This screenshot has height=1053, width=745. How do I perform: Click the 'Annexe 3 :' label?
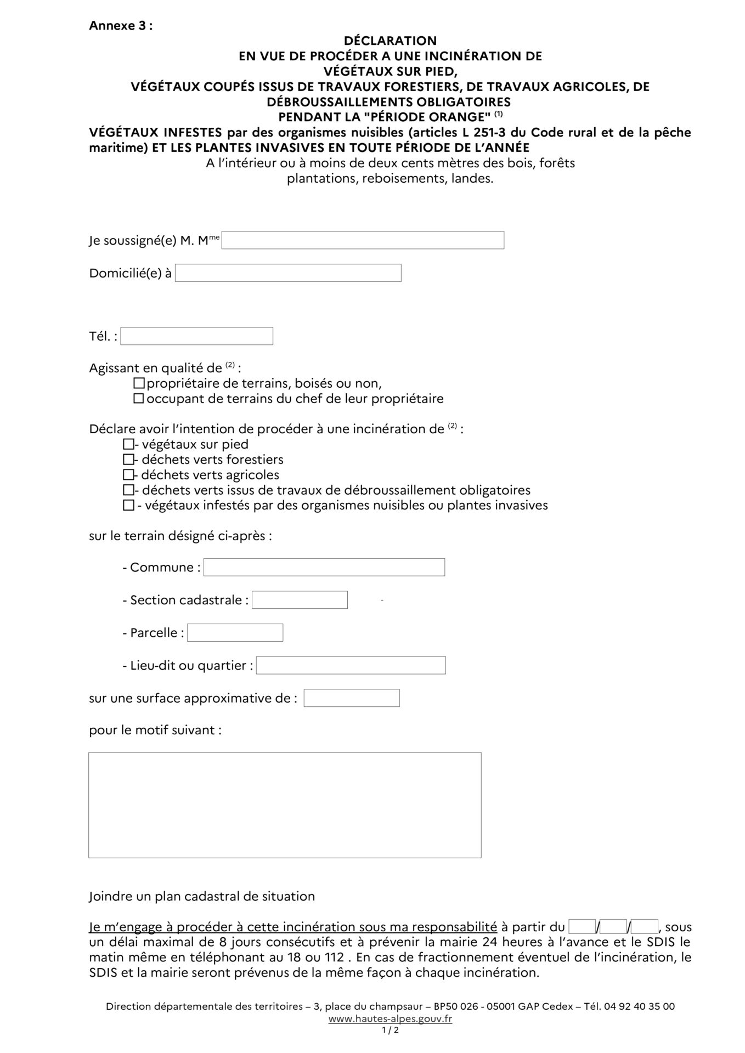(x=121, y=26)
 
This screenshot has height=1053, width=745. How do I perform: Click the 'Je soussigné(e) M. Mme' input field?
(x=363, y=240)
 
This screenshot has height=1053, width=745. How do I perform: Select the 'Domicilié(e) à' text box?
(x=288, y=273)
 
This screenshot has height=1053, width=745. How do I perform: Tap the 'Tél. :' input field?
(x=196, y=336)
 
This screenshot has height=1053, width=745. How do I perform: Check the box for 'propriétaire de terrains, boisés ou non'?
(x=139, y=383)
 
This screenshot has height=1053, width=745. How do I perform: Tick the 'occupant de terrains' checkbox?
(x=139, y=399)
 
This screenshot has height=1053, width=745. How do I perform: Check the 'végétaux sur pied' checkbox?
(x=128, y=444)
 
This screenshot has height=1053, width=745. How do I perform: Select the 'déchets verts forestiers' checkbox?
(x=128, y=460)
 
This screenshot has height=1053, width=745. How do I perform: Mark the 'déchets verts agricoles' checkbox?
(x=128, y=475)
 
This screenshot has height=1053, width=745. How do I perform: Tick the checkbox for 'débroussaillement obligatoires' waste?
(x=128, y=490)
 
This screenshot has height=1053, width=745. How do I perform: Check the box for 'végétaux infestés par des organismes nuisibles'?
(x=128, y=506)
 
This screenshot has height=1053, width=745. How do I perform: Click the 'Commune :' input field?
(x=324, y=567)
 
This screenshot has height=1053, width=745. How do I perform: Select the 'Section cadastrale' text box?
(x=300, y=600)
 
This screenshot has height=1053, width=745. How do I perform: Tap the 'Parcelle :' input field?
(x=235, y=633)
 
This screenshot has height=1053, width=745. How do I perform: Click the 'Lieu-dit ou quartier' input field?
(x=351, y=666)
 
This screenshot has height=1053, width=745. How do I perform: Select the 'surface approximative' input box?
(x=351, y=698)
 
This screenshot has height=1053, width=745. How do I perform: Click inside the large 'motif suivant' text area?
(x=285, y=805)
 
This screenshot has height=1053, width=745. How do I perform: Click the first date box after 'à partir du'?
(x=582, y=927)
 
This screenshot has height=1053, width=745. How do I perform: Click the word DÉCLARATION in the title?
(x=390, y=41)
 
